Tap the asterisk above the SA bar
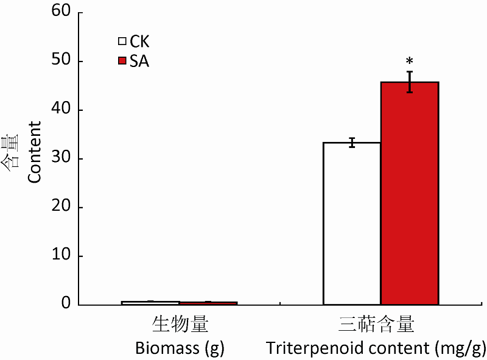click(x=410, y=62)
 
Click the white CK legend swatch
click(x=122, y=42)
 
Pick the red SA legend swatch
click(x=122, y=61)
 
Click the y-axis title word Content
click(x=35, y=152)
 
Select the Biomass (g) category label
click(x=180, y=348)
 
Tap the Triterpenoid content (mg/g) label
click(x=376, y=348)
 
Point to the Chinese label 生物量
click(x=180, y=325)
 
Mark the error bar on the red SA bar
click(x=410, y=82)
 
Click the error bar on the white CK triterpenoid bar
click(x=352, y=143)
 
